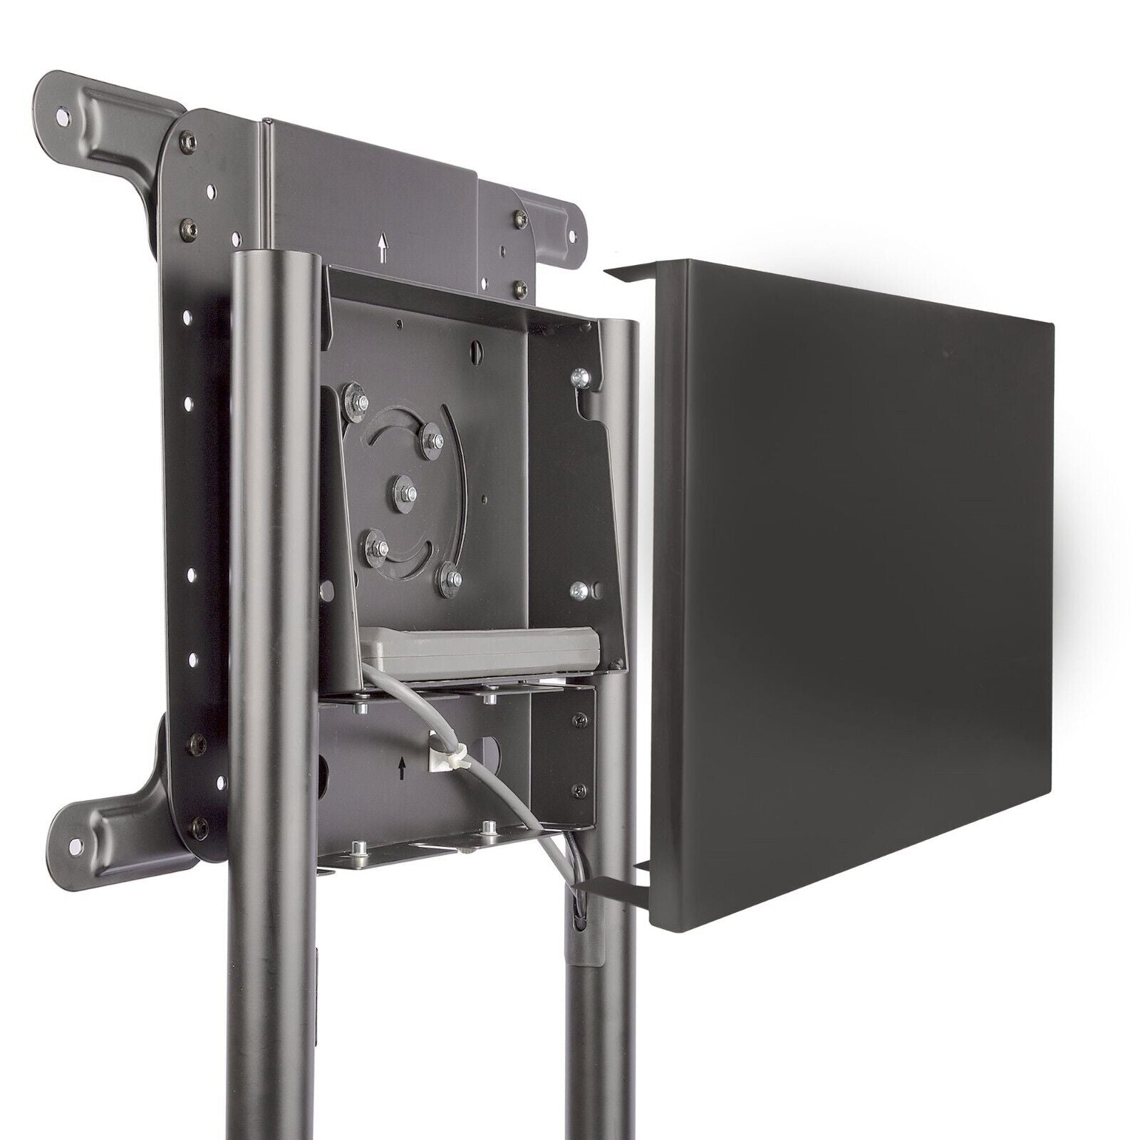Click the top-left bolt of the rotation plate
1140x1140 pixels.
[353, 394]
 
